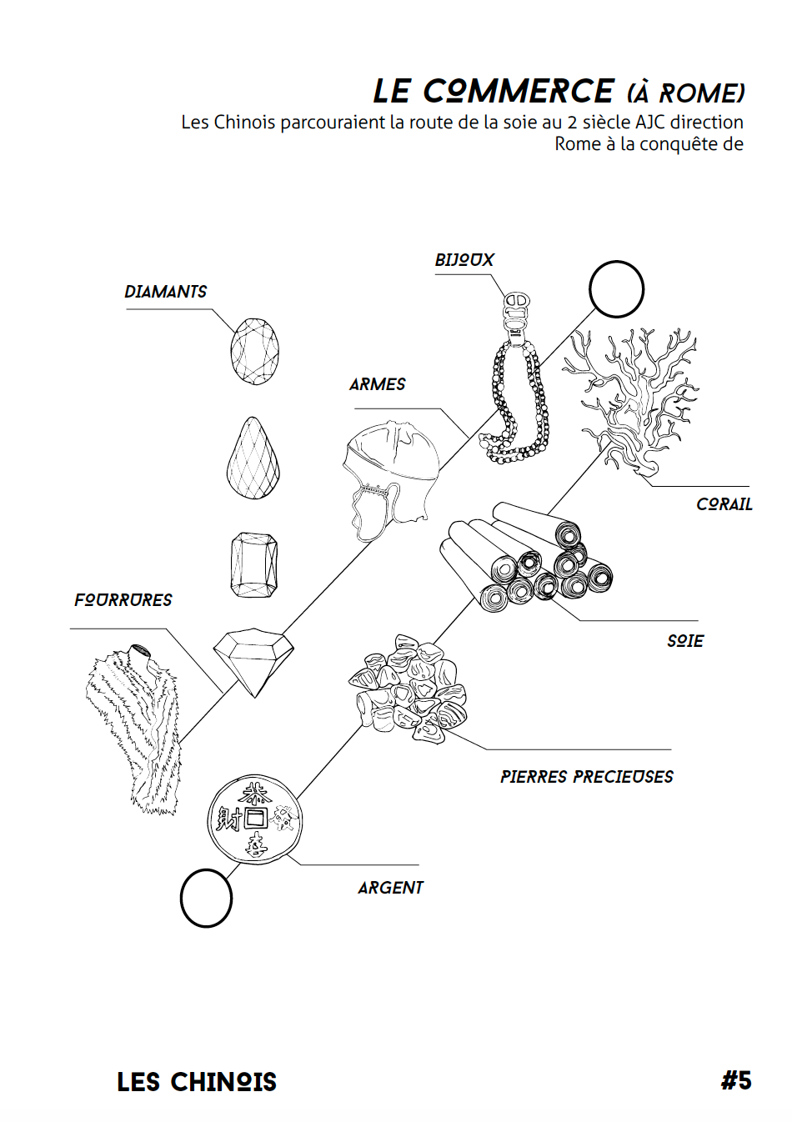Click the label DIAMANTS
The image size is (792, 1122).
165,292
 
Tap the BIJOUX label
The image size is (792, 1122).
464,260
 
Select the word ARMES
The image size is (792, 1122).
377,384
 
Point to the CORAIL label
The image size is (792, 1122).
724,504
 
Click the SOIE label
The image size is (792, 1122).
684,641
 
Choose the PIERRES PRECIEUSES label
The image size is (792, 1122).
586,777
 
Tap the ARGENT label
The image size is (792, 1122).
390,888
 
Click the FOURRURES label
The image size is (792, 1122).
123,600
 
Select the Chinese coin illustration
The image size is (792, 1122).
255,820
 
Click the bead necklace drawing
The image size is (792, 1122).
518,392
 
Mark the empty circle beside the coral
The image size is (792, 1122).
616,289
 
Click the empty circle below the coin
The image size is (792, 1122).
206,898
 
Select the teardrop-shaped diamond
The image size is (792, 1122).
253,460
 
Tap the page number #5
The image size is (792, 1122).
736,1080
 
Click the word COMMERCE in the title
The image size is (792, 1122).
518,91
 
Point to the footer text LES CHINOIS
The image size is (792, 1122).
197,1082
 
